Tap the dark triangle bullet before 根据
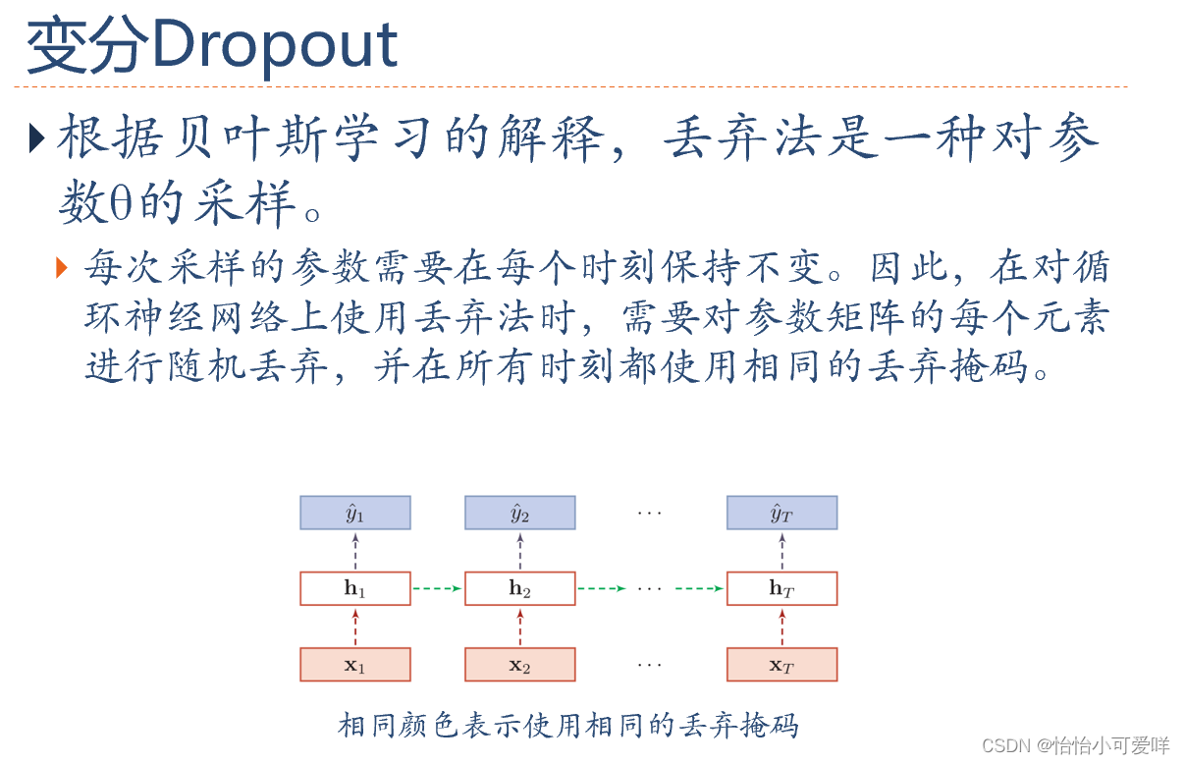tap(36, 138)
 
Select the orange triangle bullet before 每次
tap(64, 266)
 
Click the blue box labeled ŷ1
tap(354, 513)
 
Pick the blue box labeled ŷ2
tap(519, 513)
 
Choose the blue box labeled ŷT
tap(781, 513)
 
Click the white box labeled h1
tap(354, 588)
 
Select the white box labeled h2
tap(519, 588)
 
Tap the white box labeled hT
tap(781, 588)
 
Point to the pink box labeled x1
tap(354, 665)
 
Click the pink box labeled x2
tap(519, 665)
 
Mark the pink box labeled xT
tap(781, 665)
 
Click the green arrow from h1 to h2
tap(437, 588)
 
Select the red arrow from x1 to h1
tap(355, 627)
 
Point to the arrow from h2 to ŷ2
tap(520, 551)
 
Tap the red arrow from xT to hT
tap(782, 627)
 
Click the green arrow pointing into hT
tap(700, 588)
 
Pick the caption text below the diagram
tap(568, 726)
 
